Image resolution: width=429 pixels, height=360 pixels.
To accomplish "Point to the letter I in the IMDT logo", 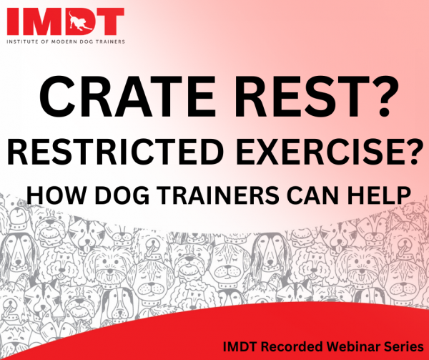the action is tap(12, 21).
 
